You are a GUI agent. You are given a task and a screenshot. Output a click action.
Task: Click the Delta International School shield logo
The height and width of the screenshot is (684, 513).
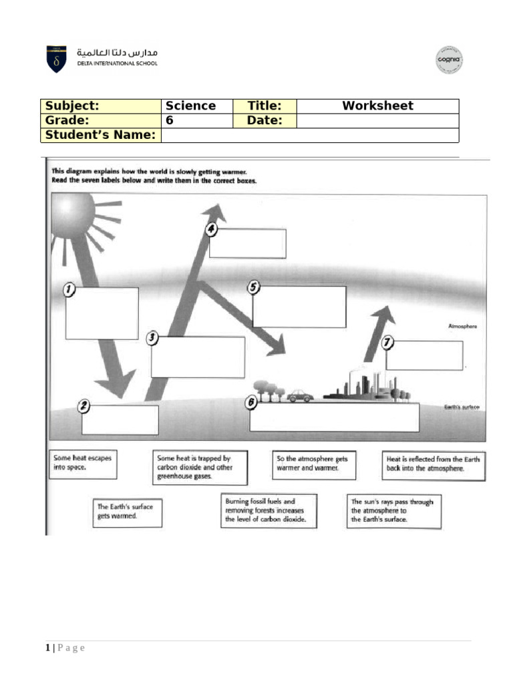coord(56,59)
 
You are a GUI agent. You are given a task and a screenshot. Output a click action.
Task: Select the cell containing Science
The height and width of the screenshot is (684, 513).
coord(196,106)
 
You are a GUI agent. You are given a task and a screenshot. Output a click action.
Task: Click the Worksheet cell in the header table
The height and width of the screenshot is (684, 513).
coord(377,106)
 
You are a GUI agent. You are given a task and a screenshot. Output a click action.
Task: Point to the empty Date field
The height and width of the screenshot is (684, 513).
coord(377,121)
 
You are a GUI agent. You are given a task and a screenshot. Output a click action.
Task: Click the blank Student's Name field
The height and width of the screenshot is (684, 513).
coord(310,136)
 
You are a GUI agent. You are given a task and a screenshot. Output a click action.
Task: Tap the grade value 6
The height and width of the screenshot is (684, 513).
coord(196,121)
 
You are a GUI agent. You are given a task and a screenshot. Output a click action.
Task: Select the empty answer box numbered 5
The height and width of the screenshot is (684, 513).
coord(299,307)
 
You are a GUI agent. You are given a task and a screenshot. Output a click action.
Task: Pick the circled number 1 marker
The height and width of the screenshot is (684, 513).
coord(69,290)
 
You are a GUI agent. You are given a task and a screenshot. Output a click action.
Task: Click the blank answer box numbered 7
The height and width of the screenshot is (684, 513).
coord(424,355)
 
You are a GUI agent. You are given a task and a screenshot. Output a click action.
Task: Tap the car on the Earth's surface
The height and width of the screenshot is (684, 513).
coord(301,396)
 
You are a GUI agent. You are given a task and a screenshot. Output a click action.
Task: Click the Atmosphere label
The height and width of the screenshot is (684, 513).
coord(462,327)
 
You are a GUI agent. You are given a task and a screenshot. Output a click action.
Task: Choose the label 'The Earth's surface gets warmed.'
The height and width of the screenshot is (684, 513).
coord(127,512)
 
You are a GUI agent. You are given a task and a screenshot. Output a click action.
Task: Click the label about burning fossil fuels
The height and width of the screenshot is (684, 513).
coord(269,511)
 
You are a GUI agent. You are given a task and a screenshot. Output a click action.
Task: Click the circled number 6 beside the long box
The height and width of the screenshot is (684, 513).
coord(251,403)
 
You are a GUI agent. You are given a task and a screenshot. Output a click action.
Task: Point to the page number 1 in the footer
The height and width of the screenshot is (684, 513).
coord(48,648)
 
